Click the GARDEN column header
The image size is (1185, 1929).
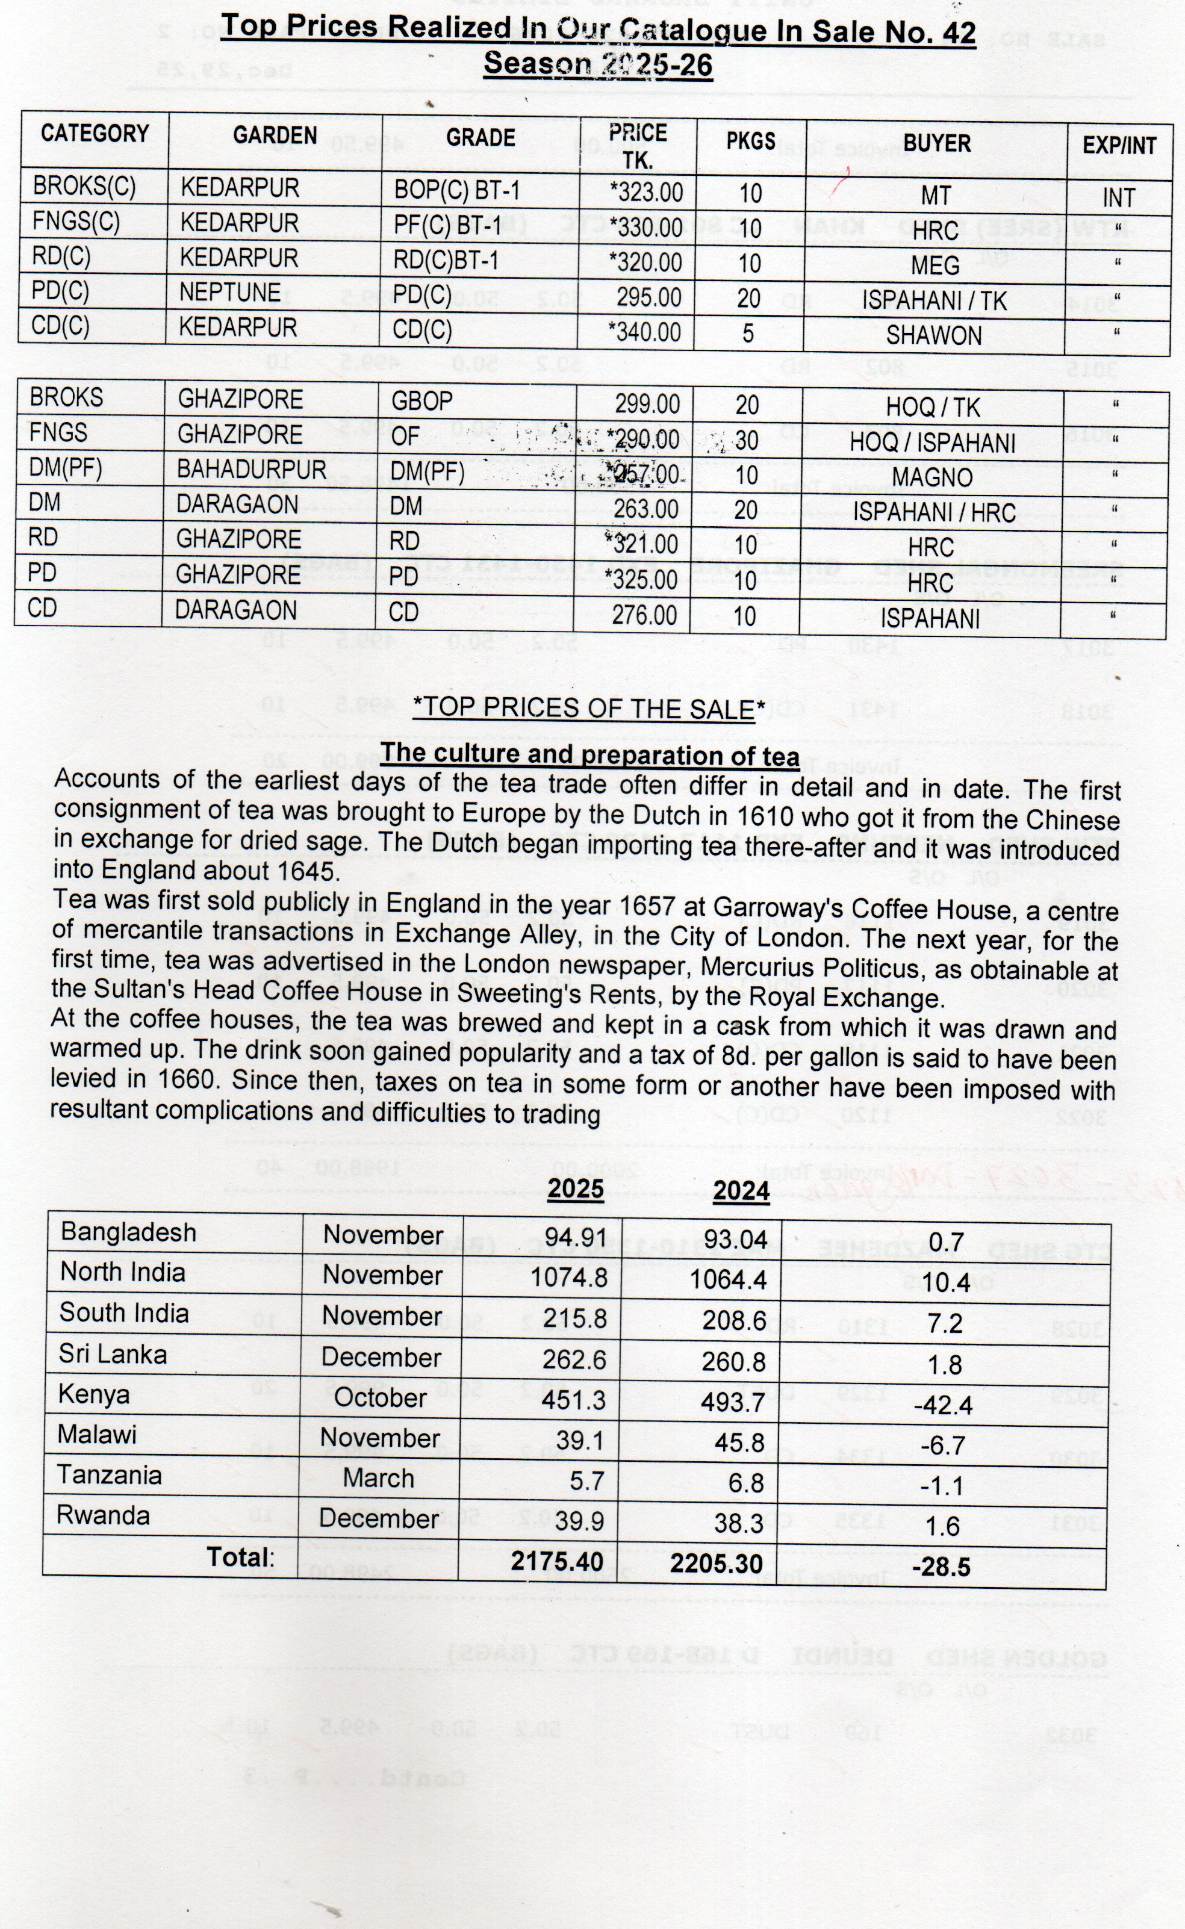[x=275, y=136]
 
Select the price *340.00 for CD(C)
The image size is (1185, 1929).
[x=645, y=331]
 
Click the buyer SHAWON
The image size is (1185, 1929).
[x=933, y=335]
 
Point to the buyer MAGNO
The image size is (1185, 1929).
[x=932, y=477]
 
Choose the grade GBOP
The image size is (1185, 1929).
[x=421, y=401]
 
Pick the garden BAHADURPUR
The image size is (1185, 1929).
[x=251, y=470]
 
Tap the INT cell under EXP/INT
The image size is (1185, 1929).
[x=1118, y=198]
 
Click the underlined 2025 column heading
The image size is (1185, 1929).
[x=575, y=1188]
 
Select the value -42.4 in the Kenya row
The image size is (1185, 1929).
[x=943, y=1405]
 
